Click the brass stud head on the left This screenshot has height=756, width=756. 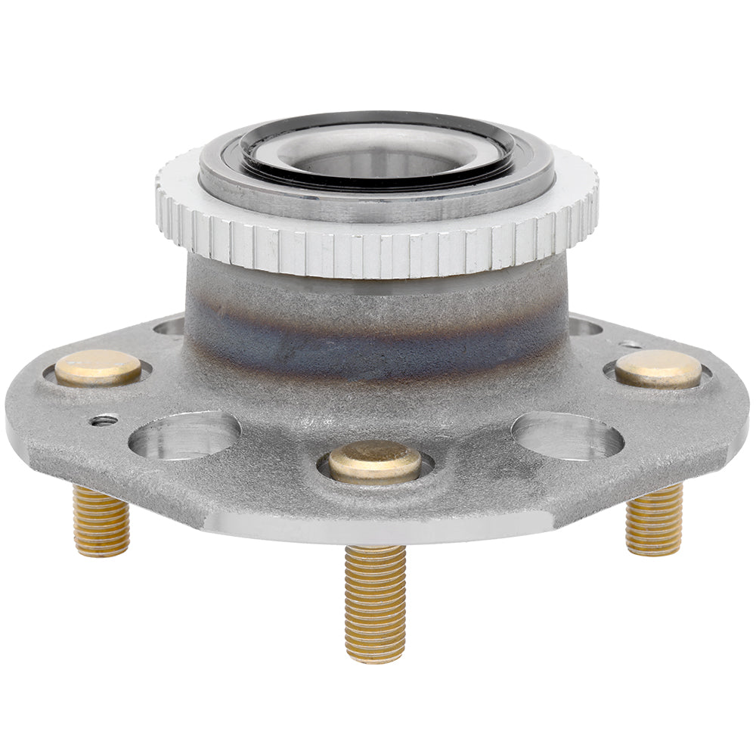pyautogui.click(x=98, y=368)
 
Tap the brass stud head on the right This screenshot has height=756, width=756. pyautogui.click(x=658, y=369)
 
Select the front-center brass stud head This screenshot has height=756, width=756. pyautogui.click(x=375, y=461)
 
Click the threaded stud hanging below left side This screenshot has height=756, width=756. pyautogui.click(x=101, y=521)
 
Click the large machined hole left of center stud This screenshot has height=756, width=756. pyautogui.click(x=184, y=435)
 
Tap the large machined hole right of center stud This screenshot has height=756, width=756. pyautogui.click(x=568, y=435)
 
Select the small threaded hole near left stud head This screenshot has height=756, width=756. pyautogui.click(x=104, y=420)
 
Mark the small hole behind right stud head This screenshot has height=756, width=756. pyautogui.click(x=630, y=345)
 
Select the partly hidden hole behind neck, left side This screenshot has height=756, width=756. pyautogui.click(x=170, y=327)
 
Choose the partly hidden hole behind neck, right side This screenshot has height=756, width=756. pyautogui.click(x=584, y=327)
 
